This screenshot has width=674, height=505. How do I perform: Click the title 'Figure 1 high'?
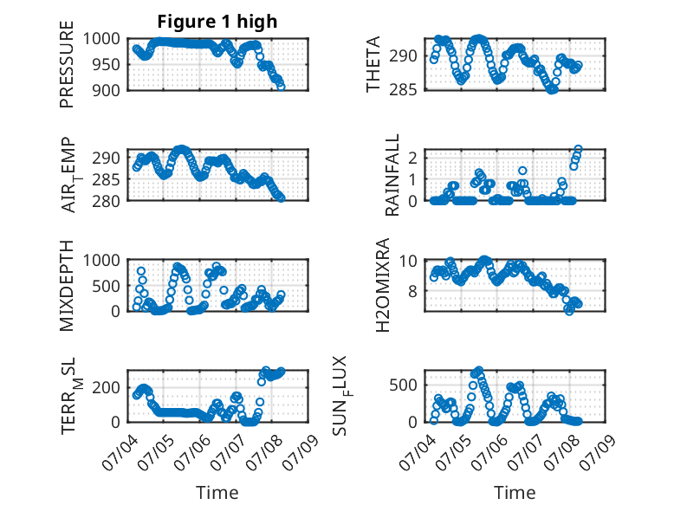[217, 22]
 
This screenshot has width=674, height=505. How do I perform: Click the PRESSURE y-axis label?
[67, 64]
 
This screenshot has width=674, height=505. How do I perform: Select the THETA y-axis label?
[373, 64]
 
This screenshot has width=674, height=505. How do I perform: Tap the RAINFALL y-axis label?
[392, 175]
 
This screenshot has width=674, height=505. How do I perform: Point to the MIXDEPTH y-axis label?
[67, 286]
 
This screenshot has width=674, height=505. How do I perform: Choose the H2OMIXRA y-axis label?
[382, 285]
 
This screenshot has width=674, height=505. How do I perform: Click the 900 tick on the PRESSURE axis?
[107, 90]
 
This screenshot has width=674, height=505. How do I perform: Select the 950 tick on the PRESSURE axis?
[107, 64]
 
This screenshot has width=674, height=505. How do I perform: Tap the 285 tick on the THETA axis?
[403, 89]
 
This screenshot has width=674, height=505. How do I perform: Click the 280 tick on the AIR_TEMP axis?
[107, 201]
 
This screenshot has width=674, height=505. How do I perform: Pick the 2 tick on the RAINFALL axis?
[413, 158]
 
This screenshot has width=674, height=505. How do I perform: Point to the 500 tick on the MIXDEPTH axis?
[107, 286]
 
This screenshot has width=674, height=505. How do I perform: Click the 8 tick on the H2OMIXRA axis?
[413, 291]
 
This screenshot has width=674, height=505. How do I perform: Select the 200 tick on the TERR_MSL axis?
[107, 387]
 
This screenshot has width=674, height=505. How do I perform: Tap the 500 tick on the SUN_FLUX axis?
[403, 385]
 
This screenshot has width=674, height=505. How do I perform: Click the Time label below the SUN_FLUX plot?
[515, 492]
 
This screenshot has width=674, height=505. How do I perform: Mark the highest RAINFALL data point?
[578, 149]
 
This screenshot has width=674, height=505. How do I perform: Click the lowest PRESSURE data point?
[281, 87]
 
